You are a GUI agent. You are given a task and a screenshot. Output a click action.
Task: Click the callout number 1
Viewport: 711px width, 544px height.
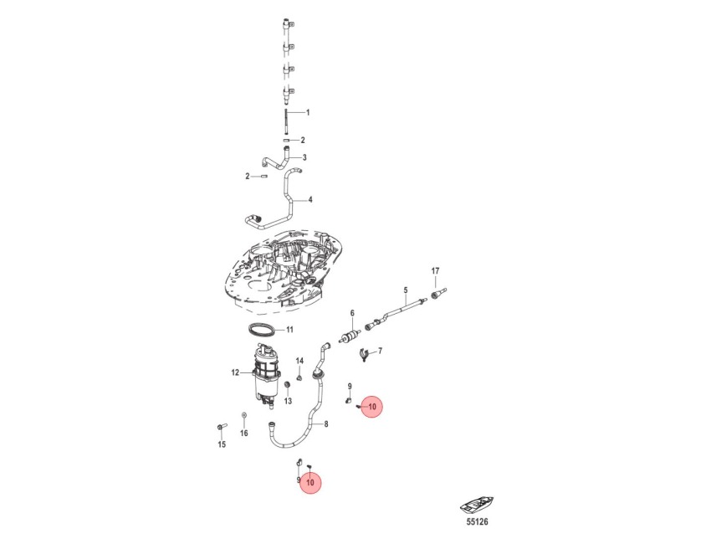[308, 112]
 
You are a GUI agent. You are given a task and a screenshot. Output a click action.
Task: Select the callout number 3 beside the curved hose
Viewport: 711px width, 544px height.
[304, 157]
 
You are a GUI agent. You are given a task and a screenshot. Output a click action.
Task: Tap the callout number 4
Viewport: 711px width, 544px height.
[310, 199]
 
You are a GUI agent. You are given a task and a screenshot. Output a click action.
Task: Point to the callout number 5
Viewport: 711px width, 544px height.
[406, 290]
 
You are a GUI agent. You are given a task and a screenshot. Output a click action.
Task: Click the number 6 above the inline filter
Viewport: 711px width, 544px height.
[352, 313]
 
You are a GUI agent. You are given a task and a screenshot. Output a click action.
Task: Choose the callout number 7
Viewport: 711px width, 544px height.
[380, 351]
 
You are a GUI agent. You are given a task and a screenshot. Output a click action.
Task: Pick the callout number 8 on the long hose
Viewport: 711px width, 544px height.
[326, 424]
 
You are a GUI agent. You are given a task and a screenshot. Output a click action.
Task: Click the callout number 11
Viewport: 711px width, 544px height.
[289, 330]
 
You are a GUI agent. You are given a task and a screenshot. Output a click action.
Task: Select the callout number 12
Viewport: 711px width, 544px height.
[235, 373]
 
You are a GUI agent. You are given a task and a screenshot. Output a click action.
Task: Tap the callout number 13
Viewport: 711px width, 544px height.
[288, 401]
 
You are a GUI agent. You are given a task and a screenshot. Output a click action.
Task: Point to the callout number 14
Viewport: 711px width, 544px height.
[299, 362]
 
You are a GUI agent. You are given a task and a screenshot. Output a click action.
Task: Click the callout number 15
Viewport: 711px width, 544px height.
[222, 444]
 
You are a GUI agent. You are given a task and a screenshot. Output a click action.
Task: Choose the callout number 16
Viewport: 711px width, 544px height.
[244, 434]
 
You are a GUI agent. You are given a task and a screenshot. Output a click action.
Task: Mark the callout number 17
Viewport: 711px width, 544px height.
[435, 271]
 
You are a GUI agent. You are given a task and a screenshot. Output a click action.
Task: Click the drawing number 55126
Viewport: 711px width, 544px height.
[477, 522]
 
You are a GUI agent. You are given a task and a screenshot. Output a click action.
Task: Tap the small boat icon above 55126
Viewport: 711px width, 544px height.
[477, 506]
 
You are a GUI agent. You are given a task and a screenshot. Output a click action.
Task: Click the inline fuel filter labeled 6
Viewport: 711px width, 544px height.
[350, 337]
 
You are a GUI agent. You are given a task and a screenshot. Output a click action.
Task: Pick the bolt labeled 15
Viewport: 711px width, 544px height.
[222, 427]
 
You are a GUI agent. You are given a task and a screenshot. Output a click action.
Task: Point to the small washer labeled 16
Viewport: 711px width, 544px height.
[244, 414]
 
